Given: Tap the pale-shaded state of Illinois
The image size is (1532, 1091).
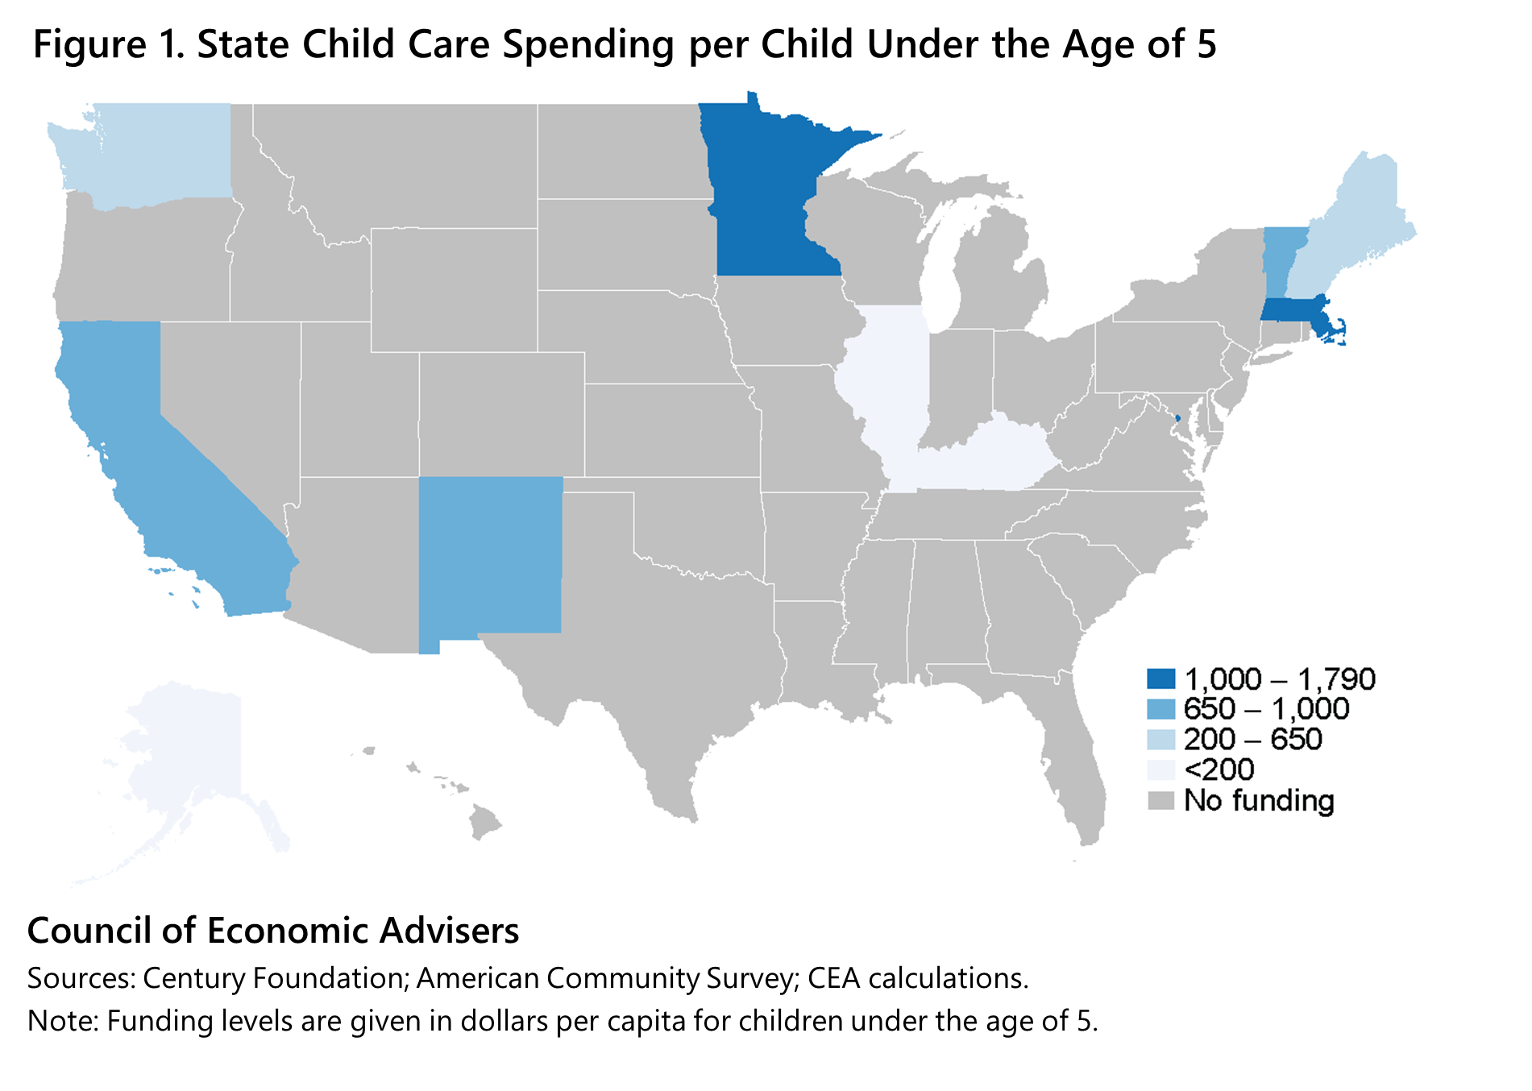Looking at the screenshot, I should (891, 379).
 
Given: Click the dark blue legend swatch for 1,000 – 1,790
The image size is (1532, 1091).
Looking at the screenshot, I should (1161, 679).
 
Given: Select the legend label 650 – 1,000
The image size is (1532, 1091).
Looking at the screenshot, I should (1266, 709).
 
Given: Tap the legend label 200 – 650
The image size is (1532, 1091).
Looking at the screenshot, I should (1252, 740).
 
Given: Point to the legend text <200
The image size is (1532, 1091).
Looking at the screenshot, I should (1219, 770).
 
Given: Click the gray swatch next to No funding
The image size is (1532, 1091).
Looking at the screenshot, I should (1161, 801).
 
